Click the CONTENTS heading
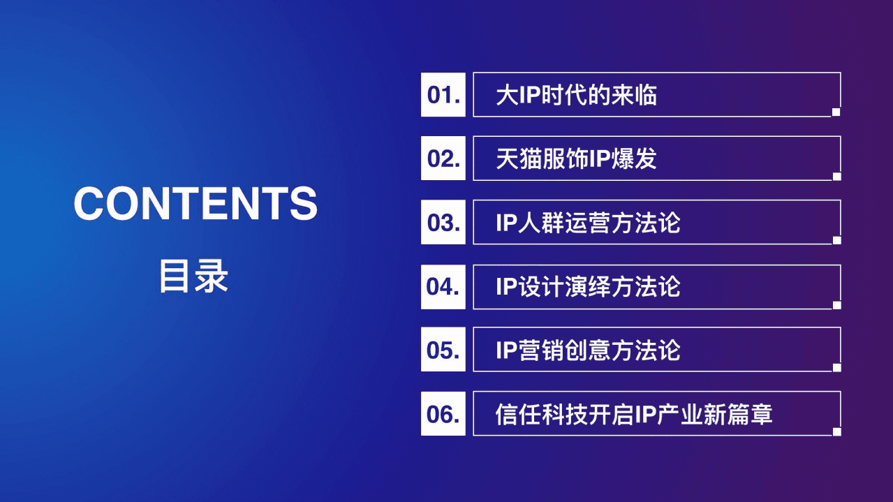[x=195, y=203]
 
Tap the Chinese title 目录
[x=194, y=276]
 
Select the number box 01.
[x=443, y=94]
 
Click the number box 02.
[x=443, y=158]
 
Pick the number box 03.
[x=443, y=223]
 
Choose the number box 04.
[x=443, y=286]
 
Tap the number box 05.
[x=443, y=350]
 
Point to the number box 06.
[x=443, y=414]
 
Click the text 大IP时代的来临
[x=576, y=95]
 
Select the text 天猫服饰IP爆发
[x=576, y=159]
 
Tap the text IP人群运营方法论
[x=588, y=223]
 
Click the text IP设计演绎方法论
[x=588, y=287]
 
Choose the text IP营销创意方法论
[x=588, y=350]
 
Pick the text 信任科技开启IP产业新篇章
[x=634, y=415]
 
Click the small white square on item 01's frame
[x=836, y=112]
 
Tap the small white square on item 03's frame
[x=836, y=240]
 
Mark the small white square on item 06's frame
[x=836, y=431]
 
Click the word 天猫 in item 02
[x=519, y=159]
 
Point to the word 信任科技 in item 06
[x=541, y=415]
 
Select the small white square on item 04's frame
[x=836, y=304]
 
